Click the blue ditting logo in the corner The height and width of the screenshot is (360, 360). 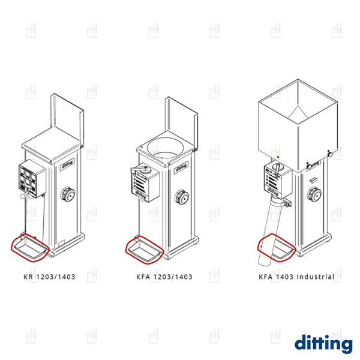[x=323, y=344]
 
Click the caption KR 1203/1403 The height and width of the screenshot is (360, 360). [x=49, y=277]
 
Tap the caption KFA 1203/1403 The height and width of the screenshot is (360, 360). [x=164, y=277]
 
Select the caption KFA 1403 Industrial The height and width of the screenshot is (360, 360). [x=296, y=277]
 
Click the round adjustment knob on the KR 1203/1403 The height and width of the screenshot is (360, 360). [x=68, y=194]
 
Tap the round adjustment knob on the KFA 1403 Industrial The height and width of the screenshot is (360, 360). [x=314, y=194]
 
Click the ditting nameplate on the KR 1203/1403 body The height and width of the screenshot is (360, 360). [x=67, y=164]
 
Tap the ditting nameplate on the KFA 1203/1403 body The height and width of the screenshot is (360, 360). [x=181, y=168]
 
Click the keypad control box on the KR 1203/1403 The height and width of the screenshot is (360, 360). [x=32, y=178]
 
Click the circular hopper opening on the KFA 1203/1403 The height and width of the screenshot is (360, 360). [x=166, y=148]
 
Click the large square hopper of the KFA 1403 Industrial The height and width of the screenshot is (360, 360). [x=298, y=125]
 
